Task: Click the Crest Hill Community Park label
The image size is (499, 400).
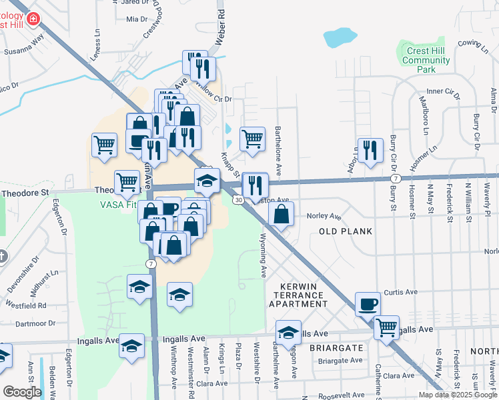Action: [426, 61]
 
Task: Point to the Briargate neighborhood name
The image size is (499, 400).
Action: [336, 348]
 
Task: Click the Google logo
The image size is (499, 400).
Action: [22, 391]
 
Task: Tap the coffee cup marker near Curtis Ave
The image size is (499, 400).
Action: [367, 305]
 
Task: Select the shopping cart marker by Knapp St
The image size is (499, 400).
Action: [252, 139]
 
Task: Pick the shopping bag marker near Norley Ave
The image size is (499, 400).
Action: [281, 214]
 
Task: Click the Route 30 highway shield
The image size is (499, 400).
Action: [238, 199]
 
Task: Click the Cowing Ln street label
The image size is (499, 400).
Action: [469, 43]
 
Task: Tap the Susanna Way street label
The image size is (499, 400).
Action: [23, 51]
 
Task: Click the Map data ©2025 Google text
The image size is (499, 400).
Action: [456, 395]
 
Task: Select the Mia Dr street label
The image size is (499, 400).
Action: [135, 19]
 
